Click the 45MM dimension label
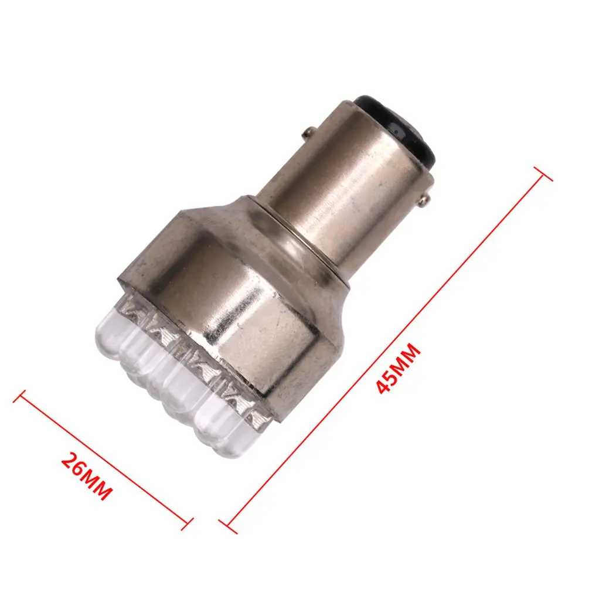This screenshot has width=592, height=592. [399, 369]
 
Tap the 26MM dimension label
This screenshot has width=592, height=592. [86, 476]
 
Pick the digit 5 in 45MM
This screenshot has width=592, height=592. [392, 377]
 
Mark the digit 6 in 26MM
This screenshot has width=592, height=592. [77, 469]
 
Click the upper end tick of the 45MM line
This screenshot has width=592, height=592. [543, 173]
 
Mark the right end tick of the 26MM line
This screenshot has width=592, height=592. [187, 522]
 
